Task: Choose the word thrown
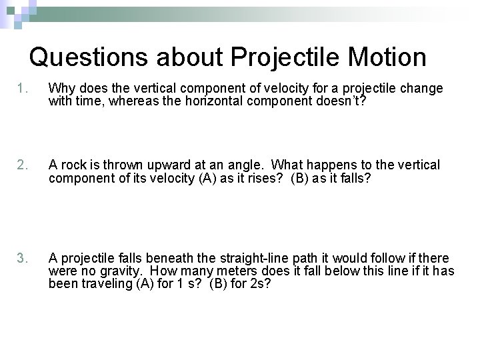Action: point(125,165)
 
